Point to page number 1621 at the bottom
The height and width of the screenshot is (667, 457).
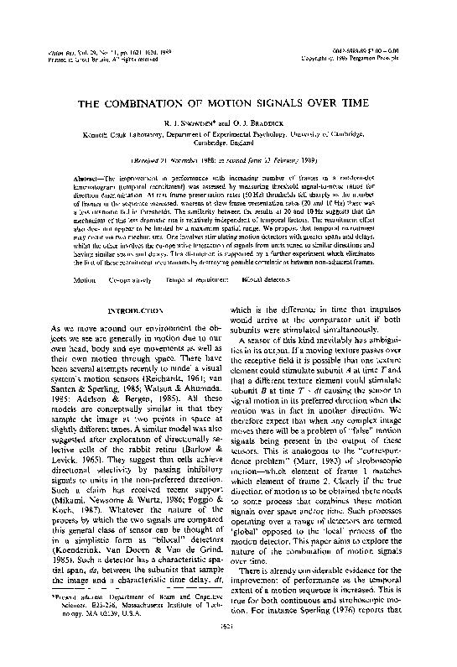point(228,649)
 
